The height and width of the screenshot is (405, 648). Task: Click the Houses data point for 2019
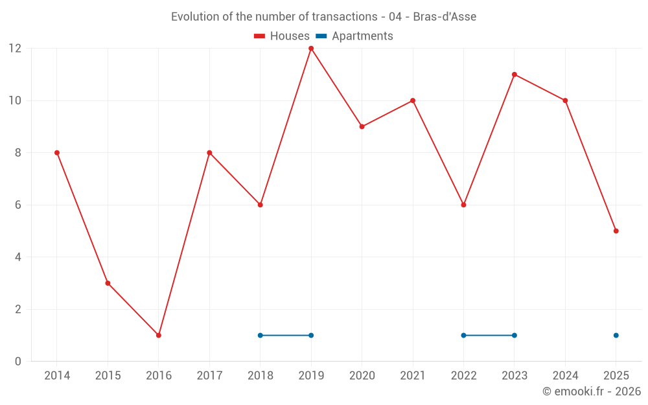[x=311, y=49]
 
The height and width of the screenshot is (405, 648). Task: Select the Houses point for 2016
[x=159, y=335]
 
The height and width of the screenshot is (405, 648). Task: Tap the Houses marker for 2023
[x=515, y=75]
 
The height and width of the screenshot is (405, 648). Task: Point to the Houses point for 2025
[x=616, y=231]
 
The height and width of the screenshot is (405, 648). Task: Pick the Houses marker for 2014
[x=57, y=153]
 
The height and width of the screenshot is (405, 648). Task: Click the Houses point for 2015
[x=108, y=283]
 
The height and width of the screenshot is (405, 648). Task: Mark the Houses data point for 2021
[x=413, y=100]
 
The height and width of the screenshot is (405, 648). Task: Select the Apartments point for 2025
[x=616, y=335]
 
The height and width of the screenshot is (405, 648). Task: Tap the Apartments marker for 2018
[x=260, y=335]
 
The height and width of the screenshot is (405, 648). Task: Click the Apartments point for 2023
[x=515, y=335]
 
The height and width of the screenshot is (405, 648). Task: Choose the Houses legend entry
[x=282, y=36]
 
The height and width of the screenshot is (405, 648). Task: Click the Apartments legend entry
[x=355, y=36]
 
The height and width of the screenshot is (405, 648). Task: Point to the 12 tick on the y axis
[x=14, y=49]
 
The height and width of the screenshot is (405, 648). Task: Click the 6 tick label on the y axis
[x=17, y=205]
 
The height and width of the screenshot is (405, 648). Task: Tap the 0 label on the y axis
[x=17, y=362]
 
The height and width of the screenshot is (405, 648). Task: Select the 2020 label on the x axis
[x=362, y=376]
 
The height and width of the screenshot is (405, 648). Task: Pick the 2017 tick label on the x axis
[x=209, y=376]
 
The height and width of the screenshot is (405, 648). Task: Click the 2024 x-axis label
[x=565, y=376]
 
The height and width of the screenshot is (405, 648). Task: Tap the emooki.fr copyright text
[x=592, y=391]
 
